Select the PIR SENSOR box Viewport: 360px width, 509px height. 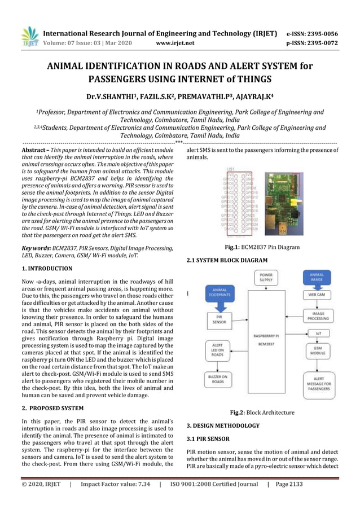coord(216,320)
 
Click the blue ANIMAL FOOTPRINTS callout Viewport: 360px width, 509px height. coord(216,293)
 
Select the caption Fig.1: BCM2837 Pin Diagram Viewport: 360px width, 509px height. coord(262,247)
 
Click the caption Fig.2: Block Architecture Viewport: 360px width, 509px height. coord(262,413)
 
